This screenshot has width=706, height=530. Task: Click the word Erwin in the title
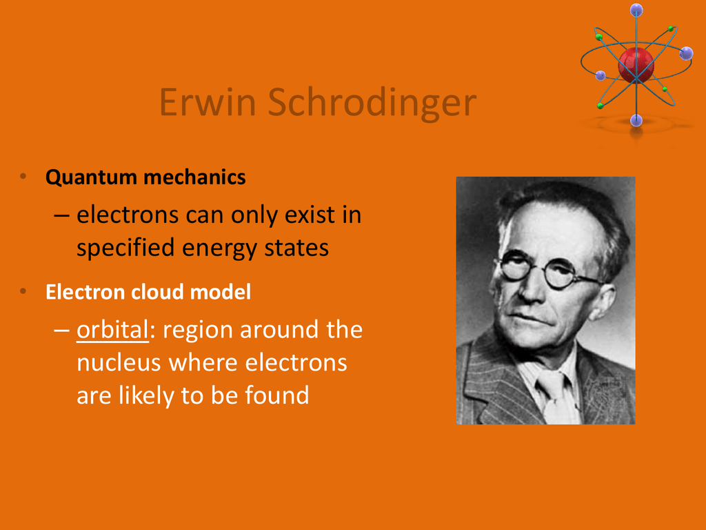[x=208, y=102]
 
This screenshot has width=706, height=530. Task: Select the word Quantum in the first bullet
[x=91, y=177]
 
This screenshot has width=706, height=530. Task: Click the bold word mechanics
[x=194, y=177]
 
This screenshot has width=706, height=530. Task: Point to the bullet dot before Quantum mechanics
[x=23, y=176]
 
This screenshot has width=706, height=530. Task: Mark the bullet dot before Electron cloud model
[x=23, y=291]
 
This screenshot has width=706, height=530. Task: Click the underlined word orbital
[x=112, y=329]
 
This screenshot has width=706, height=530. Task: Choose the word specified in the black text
[x=125, y=248]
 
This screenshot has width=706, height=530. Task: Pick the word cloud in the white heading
[x=157, y=292]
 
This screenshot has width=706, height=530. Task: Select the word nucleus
[x=119, y=363]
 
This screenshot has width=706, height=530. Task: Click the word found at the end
[x=277, y=395]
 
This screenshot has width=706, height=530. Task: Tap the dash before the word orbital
[x=61, y=331]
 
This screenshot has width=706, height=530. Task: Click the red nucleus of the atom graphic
[x=636, y=65]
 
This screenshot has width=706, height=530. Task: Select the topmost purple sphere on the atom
[x=636, y=10]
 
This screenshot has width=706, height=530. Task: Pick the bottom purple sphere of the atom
[x=636, y=120]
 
